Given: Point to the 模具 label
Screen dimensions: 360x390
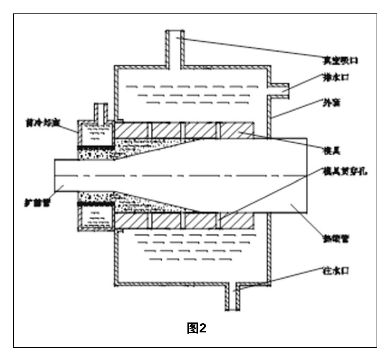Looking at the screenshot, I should pyautogui.click(x=330, y=149).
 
